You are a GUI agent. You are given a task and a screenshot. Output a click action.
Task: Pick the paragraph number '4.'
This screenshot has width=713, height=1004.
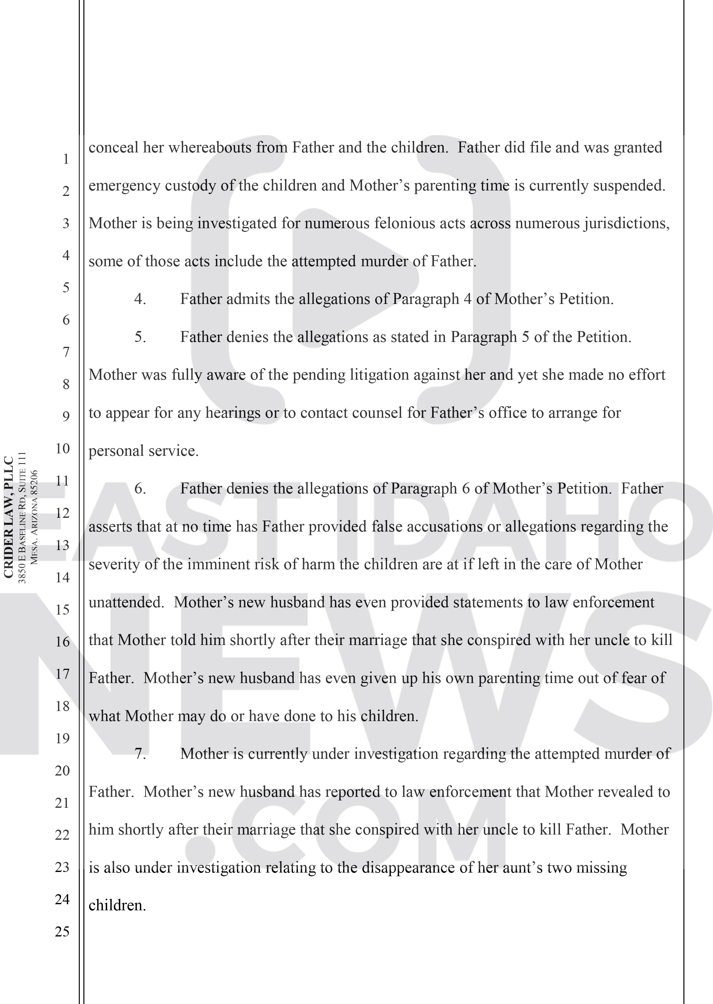click(140, 300)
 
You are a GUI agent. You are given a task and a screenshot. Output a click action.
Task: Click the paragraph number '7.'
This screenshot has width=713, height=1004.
click(140, 754)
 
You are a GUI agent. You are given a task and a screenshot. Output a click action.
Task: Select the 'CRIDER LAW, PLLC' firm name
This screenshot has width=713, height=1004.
click(9, 518)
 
